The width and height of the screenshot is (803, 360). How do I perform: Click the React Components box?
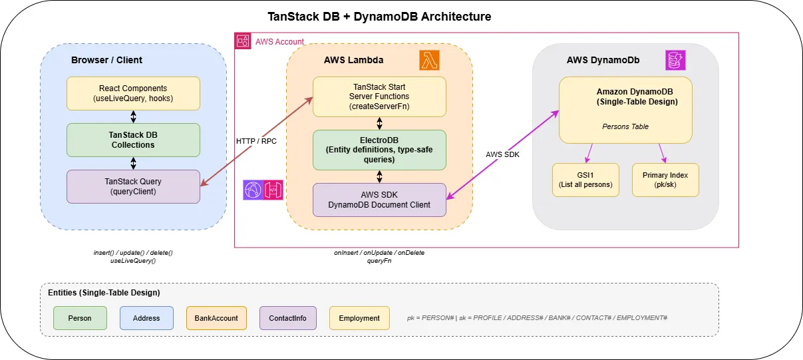[x=133, y=93]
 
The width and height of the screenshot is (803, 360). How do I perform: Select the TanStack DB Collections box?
[x=133, y=140]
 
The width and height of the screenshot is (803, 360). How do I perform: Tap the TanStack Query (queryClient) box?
[x=133, y=186]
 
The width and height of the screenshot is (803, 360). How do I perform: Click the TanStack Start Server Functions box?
[x=379, y=96]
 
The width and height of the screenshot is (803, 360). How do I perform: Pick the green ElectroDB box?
[x=379, y=150]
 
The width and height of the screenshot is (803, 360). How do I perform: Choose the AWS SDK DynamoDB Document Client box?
[x=379, y=200]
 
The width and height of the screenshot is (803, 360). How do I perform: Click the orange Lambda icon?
[x=429, y=60]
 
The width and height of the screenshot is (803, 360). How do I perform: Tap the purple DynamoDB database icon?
[x=675, y=60]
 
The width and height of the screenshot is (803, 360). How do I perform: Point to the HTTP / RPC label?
[x=255, y=141]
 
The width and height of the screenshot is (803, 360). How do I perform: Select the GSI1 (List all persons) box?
[x=585, y=180]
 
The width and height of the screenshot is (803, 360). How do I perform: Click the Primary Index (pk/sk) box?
[x=665, y=180]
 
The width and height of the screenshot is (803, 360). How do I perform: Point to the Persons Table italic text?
[x=625, y=126]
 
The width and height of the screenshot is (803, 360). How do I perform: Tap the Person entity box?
[x=80, y=318]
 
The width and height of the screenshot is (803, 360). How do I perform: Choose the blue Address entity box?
[x=146, y=318]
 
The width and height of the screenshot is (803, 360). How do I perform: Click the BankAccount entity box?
[x=216, y=318]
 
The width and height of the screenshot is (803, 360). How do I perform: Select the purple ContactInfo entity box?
[x=287, y=318]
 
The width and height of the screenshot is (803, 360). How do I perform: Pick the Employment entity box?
[x=359, y=318]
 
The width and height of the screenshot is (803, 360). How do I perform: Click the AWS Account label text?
[x=279, y=42]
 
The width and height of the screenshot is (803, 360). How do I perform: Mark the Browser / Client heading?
[x=106, y=60]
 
